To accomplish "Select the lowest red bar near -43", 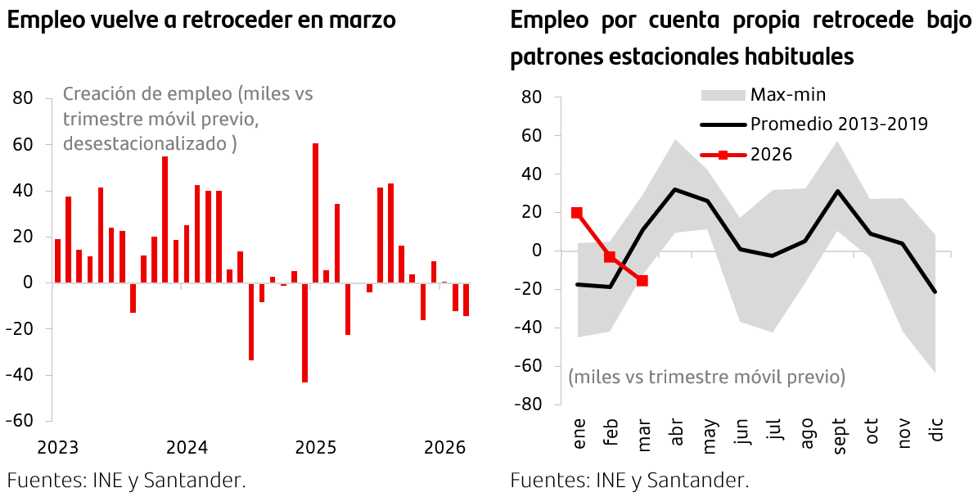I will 304,332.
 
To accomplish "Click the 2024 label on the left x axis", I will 187,448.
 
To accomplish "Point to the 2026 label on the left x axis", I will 444,448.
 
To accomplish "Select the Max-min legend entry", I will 788,94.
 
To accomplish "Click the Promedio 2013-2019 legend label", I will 839,124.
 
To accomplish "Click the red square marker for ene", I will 577,213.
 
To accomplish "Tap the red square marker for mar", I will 642,281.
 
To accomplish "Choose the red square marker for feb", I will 610,257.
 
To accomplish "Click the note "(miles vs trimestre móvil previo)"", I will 706,377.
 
